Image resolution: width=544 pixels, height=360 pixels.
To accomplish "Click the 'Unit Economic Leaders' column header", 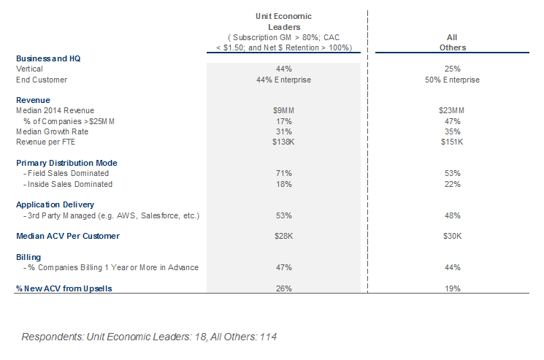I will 283,21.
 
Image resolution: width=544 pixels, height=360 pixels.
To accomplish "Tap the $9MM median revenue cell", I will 283,110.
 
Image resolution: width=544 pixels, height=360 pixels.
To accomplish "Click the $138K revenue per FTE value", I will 283,142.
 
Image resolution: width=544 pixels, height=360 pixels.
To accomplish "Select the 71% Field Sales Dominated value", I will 283,173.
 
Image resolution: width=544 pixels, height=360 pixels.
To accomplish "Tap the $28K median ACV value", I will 283,237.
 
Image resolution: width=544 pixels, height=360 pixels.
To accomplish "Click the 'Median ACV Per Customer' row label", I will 68,237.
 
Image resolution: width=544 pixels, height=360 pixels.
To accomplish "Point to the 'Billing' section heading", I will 28,257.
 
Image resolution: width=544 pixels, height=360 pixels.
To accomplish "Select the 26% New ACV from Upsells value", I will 283,288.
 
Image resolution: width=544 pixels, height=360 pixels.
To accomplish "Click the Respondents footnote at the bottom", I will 149,337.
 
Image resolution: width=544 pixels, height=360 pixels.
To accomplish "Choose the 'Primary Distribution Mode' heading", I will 66,163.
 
